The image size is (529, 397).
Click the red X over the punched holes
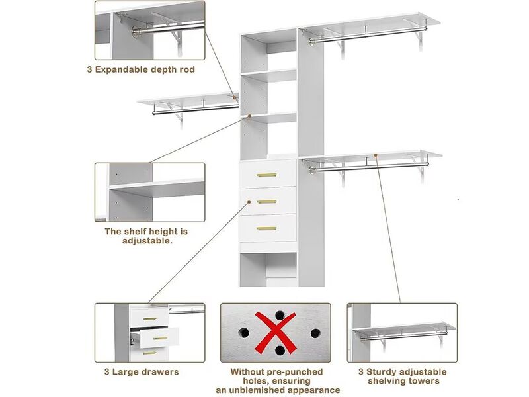click(275, 332)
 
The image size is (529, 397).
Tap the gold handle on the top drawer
click(266, 175)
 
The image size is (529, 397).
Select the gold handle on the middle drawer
click(266, 202)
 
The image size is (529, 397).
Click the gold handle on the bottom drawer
click(266, 228)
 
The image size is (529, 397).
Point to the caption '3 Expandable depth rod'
click(141, 69)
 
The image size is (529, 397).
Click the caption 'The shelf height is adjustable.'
click(147, 236)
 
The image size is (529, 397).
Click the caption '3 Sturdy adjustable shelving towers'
click(403, 376)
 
